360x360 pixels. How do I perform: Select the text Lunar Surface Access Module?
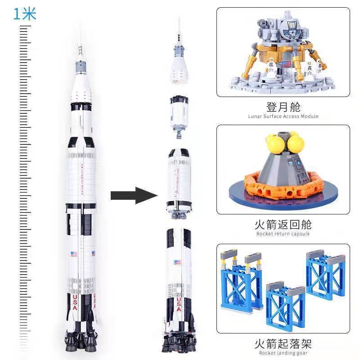tap(283, 117)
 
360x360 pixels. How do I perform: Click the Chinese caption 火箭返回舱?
tap(283, 224)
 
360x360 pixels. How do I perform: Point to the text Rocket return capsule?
tap(283, 234)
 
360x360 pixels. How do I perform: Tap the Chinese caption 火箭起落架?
tap(283, 344)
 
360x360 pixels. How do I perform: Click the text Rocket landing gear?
tap(283, 354)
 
